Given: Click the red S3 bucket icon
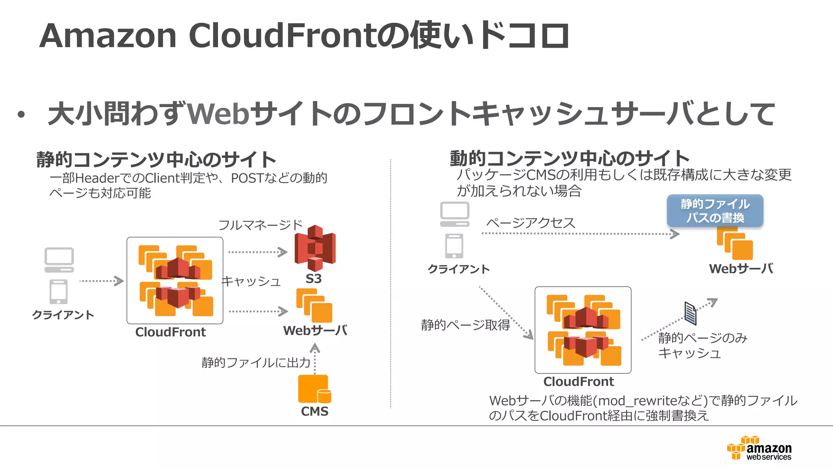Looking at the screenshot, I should [315, 248].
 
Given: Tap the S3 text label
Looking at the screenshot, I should [314, 279].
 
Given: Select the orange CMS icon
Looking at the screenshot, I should [314, 389].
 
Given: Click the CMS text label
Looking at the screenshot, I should [314, 411].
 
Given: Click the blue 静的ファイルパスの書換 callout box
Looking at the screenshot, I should [715, 211].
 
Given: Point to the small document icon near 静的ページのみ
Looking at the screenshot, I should [690, 313].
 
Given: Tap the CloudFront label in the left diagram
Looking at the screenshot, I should [170, 332].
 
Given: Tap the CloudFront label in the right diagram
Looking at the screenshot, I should [578, 382].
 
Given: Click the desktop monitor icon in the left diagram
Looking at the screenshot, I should [59, 260].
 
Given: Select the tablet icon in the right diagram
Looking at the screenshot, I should [454, 246].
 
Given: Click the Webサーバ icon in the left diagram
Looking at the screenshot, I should [314, 306].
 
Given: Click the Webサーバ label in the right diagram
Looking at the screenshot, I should [741, 269].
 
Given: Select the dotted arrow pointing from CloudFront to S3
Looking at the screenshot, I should [257, 252].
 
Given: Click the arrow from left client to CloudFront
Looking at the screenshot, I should [101, 281].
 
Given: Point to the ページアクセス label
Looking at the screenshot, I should [531, 223].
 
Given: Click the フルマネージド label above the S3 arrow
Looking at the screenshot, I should [260, 225].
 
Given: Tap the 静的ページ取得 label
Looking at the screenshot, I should [465, 325].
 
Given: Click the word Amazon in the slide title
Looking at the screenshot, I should [108, 36].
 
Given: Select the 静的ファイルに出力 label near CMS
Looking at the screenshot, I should [256, 362].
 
